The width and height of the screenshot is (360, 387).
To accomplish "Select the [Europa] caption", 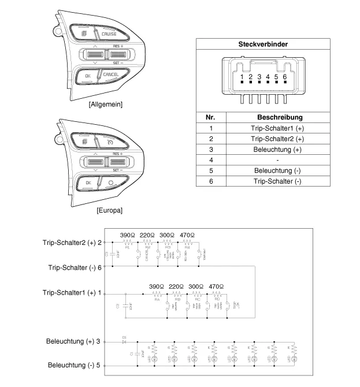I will tap(109, 211).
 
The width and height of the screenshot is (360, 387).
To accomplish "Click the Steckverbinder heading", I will tap(263, 44).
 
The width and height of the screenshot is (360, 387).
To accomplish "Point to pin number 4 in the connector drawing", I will tap(268, 77).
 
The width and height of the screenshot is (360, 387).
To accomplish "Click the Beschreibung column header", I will tap(277, 117).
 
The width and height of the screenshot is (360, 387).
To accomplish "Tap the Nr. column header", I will tap(211, 117).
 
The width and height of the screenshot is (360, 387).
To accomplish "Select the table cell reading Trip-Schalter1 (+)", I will tap(277, 128).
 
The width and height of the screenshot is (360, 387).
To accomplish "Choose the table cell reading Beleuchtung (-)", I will tap(277, 171).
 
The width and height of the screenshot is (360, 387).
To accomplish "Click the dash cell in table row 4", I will tap(277, 160).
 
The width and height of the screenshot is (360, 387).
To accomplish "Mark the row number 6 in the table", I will tap(211, 181).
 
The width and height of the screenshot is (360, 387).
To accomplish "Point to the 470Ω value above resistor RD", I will tap(216, 286).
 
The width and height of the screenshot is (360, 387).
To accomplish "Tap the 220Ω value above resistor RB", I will tap(177, 286).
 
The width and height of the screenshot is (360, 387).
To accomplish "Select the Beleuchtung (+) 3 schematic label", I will tap(74, 341).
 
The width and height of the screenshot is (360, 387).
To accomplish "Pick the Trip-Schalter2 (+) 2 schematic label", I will tap(72, 243).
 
